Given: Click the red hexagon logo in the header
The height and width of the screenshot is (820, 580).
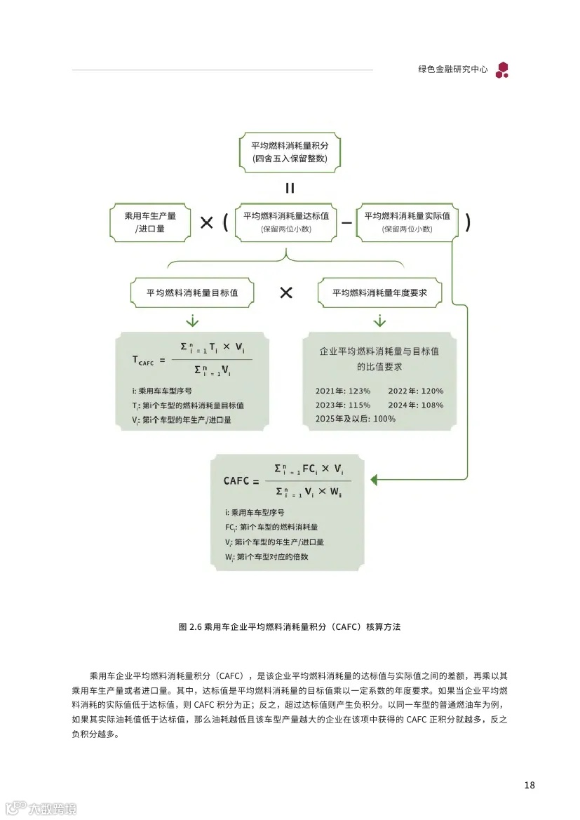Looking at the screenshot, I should pos(502,69).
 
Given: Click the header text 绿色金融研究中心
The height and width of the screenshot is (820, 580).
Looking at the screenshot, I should pos(452,70).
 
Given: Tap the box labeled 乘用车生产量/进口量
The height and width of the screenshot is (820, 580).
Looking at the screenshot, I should pos(150,222).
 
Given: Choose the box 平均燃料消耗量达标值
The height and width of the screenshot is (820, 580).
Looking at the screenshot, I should pos(285,222).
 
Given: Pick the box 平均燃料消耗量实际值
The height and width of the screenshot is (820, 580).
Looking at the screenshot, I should pos(407,222).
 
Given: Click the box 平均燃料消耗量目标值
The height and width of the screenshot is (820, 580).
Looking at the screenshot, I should pos(192,293).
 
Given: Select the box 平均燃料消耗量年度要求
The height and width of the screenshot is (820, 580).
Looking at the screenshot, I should pos(379,293).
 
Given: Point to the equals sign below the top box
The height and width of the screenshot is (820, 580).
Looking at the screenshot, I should pos(289,188).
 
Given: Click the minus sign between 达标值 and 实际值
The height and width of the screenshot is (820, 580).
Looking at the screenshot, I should pos(346,222).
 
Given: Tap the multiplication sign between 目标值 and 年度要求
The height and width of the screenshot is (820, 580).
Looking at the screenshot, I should pos(285,293).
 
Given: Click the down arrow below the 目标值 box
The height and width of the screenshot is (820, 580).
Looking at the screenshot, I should pos(192,321).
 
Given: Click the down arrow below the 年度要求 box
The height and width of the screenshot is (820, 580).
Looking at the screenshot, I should pos(379,321).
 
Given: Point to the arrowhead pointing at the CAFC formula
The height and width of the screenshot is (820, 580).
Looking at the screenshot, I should pos(375,480).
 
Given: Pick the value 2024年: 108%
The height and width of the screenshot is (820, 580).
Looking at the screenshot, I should pos(415,405).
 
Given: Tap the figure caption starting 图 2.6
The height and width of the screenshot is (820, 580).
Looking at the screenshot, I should pos(290,626).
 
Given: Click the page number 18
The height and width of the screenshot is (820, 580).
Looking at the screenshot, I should pos(530,785).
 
